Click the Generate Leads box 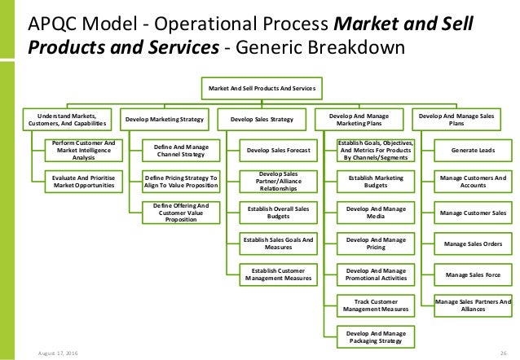click(472, 150)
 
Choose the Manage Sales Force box click(472, 274)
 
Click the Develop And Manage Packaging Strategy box click(376, 336)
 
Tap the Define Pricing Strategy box click(182, 180)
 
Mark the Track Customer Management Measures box click(376, 305)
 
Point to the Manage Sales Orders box click(472, 243)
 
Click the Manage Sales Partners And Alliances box click(472, 305)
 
